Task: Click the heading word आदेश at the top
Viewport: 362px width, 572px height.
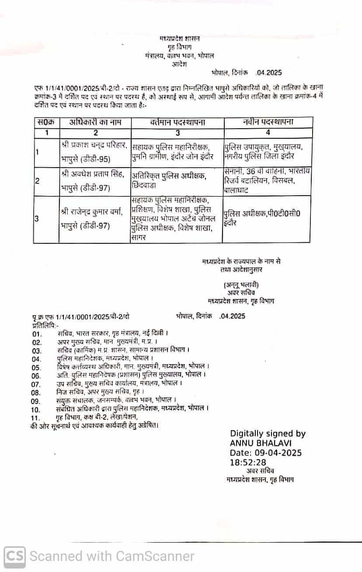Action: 179,64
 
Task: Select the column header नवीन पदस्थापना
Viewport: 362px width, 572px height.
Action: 268,123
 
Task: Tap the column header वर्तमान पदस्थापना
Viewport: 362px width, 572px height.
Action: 178,123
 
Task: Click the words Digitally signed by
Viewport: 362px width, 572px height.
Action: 268,434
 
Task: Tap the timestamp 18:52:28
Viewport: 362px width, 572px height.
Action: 248,462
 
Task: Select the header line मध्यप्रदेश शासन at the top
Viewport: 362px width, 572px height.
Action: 179,39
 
